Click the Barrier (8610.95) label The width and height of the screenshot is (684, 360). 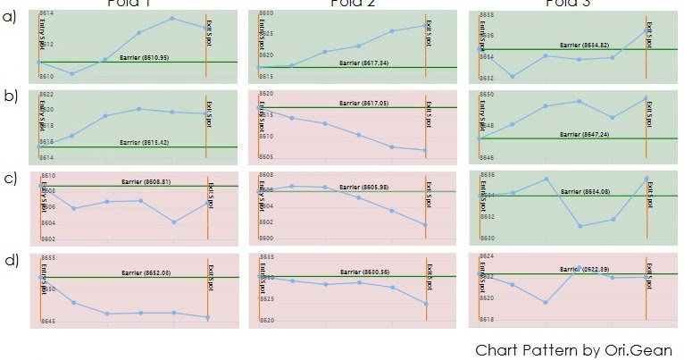coord(145,57)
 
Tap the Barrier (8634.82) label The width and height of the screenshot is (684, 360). coord(584,45)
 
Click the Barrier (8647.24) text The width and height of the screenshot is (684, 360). coord(584,134)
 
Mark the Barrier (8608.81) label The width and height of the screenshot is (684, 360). coord(146,181)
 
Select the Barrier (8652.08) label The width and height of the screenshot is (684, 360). coord(145,272)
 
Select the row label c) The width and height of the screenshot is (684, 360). coord(11,178)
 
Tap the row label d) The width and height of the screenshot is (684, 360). coord(11,260)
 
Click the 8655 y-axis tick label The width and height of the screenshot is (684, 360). coord(49,258)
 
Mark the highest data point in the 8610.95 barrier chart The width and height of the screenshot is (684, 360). coord(172,18)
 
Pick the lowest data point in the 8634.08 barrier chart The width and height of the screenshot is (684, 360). coord(580,226)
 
